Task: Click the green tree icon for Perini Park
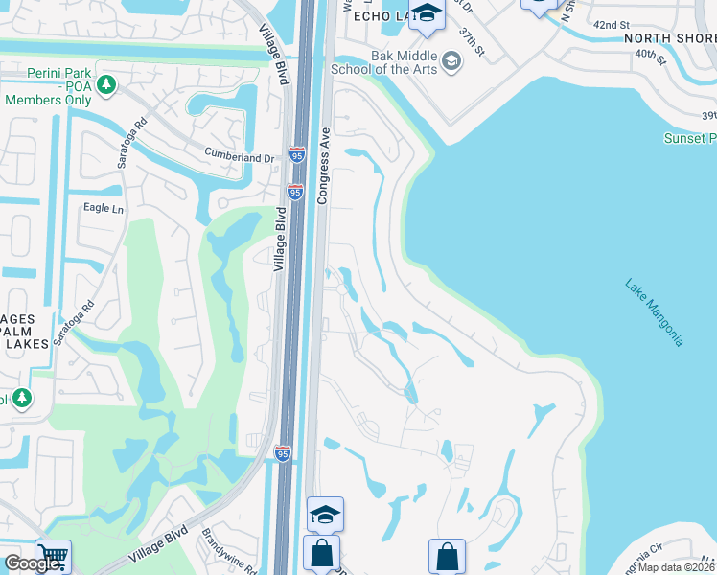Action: pos(105,84)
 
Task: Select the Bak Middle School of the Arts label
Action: pos(383,62)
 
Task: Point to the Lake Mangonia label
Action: pos(655,312)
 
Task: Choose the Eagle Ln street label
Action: pos(104,208)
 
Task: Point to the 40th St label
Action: pos(650,57)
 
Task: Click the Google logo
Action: pos(32,564)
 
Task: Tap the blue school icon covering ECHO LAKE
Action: pos(427,14)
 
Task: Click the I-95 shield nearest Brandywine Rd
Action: pos(283,453)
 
